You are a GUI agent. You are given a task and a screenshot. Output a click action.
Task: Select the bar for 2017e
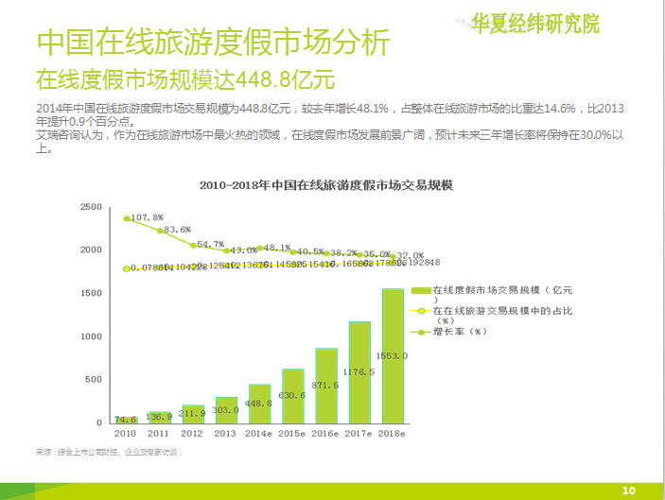click(359, 372)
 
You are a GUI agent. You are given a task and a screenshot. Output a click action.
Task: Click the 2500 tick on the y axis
click(92, 206)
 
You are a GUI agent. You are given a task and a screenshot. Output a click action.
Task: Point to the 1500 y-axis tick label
click(92, 293)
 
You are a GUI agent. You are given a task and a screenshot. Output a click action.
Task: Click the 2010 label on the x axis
click(125, 433)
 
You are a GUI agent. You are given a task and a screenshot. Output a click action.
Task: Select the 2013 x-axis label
click(225, 433)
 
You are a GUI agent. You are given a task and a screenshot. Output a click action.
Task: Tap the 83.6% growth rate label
click(178, 230)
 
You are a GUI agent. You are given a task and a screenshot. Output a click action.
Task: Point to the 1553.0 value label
click(393, 355)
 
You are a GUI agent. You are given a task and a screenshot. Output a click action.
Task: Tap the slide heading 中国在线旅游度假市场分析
click(212, 43)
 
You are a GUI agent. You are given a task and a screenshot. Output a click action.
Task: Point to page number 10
click(628, 490)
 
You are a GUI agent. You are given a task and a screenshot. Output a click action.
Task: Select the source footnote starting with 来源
click(109, 452)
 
